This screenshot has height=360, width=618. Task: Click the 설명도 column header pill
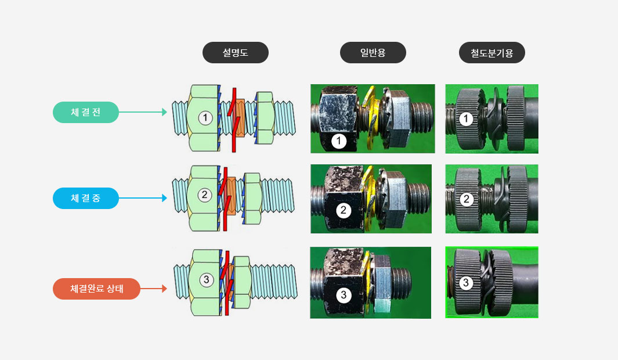click(235, 52)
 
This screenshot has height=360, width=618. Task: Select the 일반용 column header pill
click(373, 52)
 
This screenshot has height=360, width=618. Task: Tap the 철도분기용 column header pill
click(492, 52)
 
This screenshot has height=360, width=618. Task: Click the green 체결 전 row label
click(85, 113)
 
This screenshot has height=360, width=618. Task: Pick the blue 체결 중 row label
click(85, 198)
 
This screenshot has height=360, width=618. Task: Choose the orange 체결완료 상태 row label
click(96, 289)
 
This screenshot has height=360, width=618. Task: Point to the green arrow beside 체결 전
click(143, 112)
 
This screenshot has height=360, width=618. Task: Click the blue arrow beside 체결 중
click(143, 198)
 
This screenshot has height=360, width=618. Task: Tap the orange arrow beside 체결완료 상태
click(154, 289)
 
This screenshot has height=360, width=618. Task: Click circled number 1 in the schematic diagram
click(205, 117)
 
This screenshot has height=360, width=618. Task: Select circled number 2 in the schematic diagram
click(205, 195)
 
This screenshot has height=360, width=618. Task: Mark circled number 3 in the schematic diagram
click(206, 279)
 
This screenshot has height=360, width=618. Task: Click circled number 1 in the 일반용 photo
click(338, 141)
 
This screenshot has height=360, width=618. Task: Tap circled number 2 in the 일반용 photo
click(344, 210)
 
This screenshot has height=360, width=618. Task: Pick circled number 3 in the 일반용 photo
click(344, 295)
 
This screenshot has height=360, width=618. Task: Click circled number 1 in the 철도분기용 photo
click(467, 118)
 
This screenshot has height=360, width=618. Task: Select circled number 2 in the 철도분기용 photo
click(467, 199)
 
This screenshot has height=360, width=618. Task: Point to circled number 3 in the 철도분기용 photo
click(466, 282)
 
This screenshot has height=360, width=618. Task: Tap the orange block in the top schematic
click(239, 117)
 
